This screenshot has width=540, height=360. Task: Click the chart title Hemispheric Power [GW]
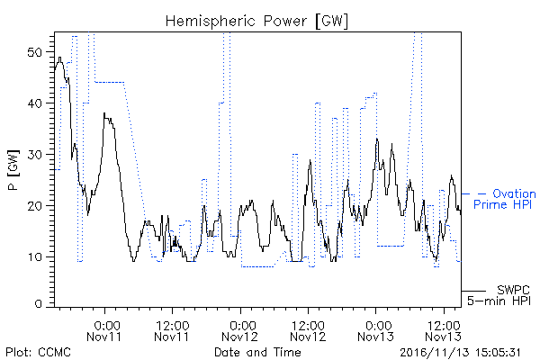(x=256, y=21)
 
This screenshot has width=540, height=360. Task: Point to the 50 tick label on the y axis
(x=34, y=53)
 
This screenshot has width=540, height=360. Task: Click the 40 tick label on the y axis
(x=34, y=103)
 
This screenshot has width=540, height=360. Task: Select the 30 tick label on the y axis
(x=34, y=155)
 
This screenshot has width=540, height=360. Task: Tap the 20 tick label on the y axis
(x=34, y=206)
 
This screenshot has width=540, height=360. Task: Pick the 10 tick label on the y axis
(x=34, y=257)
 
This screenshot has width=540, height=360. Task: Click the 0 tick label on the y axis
(x=39, y=304)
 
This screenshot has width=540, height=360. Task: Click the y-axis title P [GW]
(x=13, y=170)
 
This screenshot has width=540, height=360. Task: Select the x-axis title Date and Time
(x=257, y=352)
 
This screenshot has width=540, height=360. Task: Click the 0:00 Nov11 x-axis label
(x=104, y=330)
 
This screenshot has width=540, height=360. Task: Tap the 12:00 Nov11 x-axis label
(x=172, y=330)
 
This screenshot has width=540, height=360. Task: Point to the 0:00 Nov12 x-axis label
(x=240, y=330)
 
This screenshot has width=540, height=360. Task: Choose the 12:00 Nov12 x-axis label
(x=308, y=330)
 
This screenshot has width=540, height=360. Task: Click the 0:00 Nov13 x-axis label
(x=375, y=330)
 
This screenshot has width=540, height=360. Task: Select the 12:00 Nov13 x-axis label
(x=444, y=330)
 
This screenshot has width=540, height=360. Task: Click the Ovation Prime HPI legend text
(x=505, y=199)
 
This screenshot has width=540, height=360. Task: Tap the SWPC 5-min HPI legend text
(x=499, y=295)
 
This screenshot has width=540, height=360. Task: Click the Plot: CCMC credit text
(x=38, y=353)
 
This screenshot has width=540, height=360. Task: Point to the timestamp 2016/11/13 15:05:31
(x=460, y=353)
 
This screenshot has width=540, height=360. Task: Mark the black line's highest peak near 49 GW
(x=60, y=58)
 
